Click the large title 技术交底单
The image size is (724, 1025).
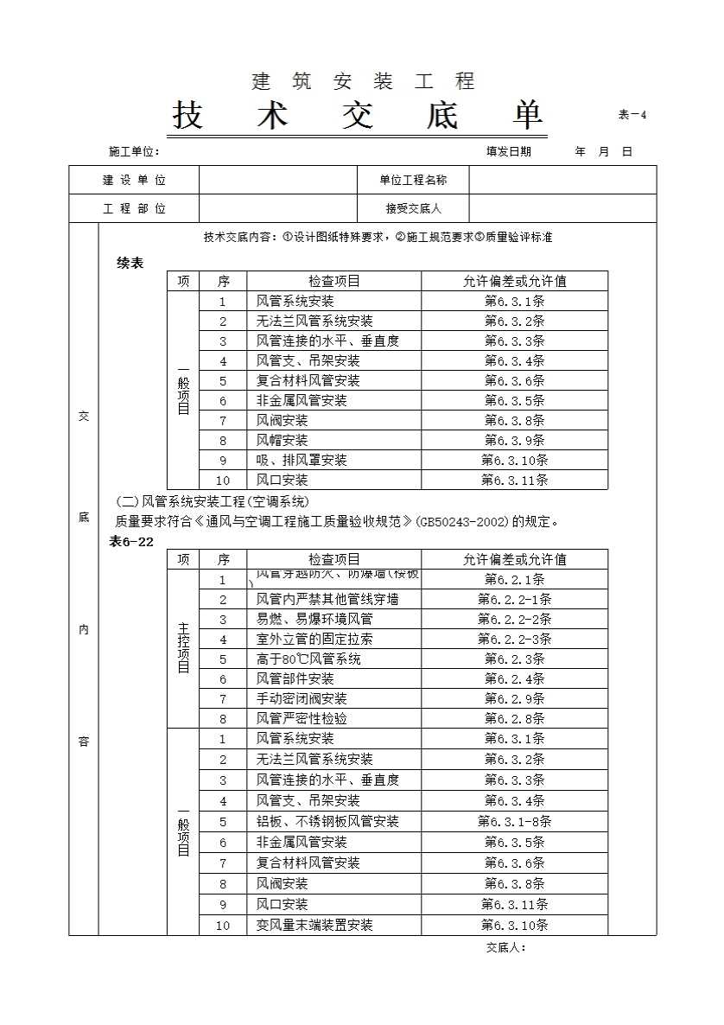click(358, 116)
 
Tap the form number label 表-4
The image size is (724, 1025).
click(632, 115)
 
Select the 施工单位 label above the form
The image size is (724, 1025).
click(134, 151)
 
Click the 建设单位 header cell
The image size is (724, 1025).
click(134, 181)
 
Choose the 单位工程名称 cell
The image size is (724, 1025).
click(413, 181)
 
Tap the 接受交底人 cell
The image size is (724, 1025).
click(413, 208)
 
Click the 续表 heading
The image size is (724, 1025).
click(130, 263)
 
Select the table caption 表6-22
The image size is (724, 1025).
click(131, 541)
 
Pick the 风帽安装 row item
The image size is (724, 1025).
click(282, 441)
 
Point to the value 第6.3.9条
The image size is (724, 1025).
click(514, 441)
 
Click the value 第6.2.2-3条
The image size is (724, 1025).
click(514, 640)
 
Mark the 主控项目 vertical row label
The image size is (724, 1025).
click(183, 649)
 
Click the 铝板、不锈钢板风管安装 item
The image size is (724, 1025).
click(327, 822)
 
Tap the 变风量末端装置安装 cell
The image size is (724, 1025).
click(314, 926)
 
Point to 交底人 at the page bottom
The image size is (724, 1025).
click(506, 947)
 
